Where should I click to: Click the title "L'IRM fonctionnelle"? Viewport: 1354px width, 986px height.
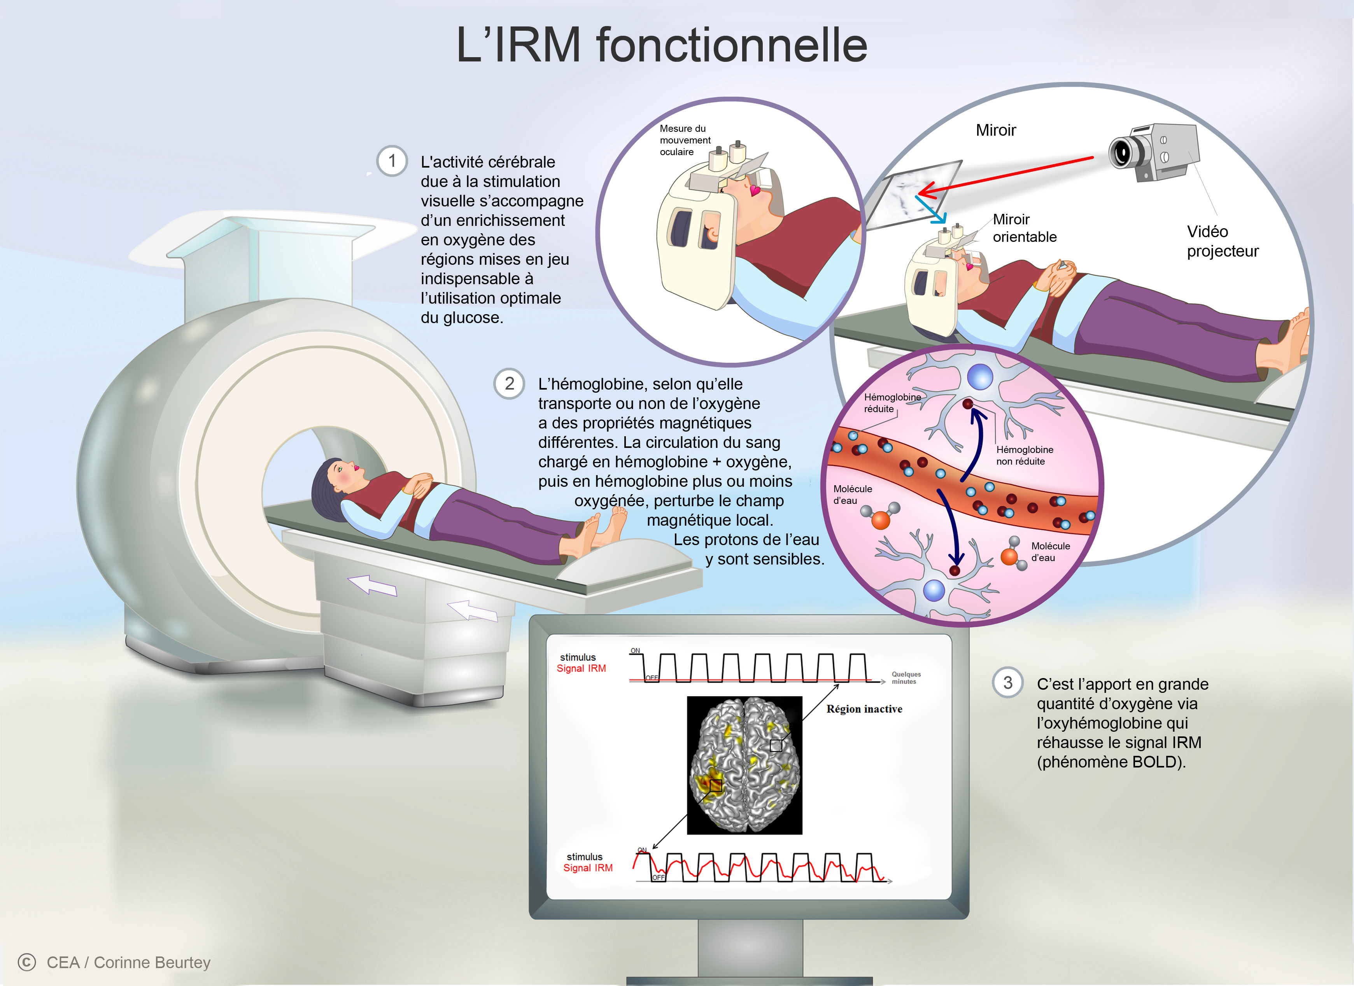[x=662, y=45]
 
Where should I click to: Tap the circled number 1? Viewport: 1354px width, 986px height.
[x=392, y=161]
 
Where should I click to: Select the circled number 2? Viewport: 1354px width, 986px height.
[x=509, y=383]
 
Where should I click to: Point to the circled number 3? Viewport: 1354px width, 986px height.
[x=1008, y=683]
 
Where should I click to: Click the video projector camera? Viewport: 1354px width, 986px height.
[x=1152, y=152]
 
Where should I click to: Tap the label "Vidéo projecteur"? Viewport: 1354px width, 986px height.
[x=1222, y=241]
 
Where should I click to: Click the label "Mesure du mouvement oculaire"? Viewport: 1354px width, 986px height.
[x=685, y=140]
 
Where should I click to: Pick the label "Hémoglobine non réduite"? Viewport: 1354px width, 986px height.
[x=1025, y=455]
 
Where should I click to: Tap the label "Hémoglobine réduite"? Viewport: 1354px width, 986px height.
[x=892, y=403]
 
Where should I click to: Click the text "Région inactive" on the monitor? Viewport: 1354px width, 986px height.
[x=864, y=709]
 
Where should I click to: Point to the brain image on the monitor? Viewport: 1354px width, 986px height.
[x=744, y=765]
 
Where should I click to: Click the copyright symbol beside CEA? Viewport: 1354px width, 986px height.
[x=27, y=962]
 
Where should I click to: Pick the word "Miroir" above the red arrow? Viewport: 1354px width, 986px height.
[x=995, y=130]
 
